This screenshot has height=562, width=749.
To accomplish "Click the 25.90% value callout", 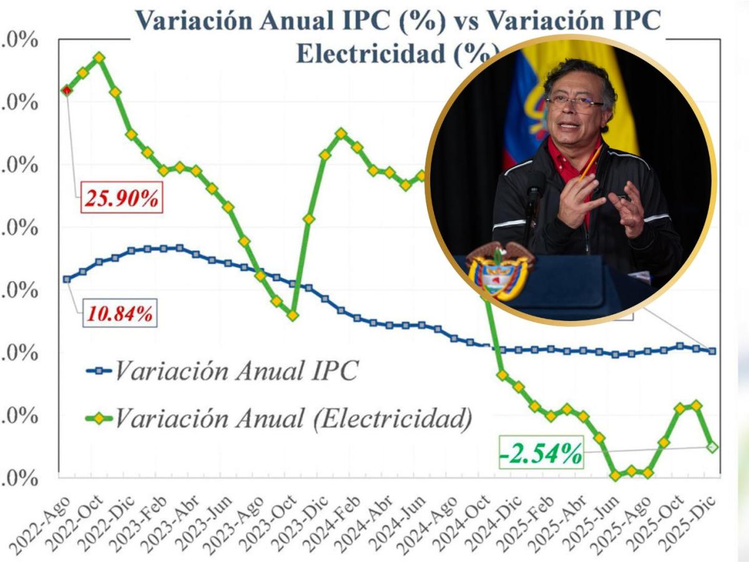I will [x=122, y=199].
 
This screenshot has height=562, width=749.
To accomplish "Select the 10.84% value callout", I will [x=119, y=313].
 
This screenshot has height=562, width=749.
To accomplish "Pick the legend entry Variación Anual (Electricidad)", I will [x=279, y=418].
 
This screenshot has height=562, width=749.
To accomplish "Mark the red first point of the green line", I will [x=67, y=91].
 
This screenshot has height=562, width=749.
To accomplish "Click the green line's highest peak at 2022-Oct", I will [x=99, y=57].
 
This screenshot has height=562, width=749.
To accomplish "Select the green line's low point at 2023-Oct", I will [x=293, y=315].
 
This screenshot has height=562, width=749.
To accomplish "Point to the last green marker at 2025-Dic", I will [x=712, y=446].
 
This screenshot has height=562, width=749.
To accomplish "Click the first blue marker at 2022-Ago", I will [x=67, y=279].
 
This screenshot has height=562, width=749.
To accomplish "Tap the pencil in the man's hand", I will [x=590, y=164].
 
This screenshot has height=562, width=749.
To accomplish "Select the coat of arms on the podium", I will [x=500, y=272].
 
